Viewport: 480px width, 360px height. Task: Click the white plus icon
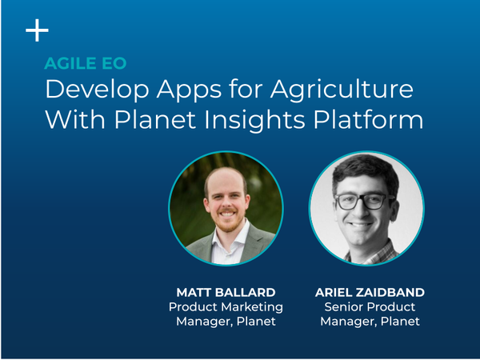coord(37,30)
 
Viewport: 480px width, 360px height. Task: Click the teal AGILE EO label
coord(86,63)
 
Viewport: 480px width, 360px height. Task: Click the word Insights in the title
coord(254,120)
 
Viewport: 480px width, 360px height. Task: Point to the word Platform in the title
coord(368,119)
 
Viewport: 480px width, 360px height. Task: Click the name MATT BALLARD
coord(226,292)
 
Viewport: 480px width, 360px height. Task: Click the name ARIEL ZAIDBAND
coord(370,292)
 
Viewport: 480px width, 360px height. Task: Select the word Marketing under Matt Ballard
coord(252,307)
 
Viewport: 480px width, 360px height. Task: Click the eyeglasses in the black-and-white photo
coord(363,202)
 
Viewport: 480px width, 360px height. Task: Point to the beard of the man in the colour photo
coord(227,222)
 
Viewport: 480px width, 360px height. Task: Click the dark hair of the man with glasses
coord(365,170)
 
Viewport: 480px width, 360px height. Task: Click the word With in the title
coord(75,119)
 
